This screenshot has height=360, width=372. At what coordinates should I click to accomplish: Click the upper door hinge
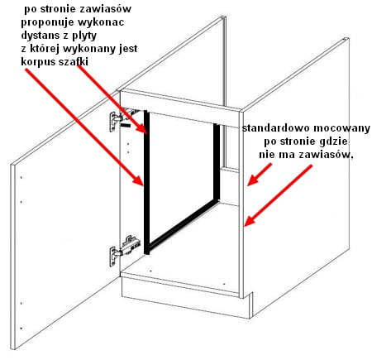click(122, 118)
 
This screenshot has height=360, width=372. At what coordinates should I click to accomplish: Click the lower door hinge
click(123, 250)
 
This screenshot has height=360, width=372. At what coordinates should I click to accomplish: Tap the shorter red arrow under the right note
click(260, 175)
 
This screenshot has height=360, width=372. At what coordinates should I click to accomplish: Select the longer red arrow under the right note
click(279, 195)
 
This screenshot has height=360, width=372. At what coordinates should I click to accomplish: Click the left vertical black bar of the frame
click(147, 182)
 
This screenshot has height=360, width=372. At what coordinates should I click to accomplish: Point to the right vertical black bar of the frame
click(217, 161)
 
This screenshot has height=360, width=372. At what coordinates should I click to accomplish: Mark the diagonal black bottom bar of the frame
click(183, 223)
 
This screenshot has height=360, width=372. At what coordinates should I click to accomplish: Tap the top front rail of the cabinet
click(179, 108)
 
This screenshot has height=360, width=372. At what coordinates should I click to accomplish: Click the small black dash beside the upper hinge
click(126, 125)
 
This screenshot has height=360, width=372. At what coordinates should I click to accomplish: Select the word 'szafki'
click(74, 62)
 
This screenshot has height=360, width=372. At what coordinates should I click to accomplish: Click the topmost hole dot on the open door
click(21, 177)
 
